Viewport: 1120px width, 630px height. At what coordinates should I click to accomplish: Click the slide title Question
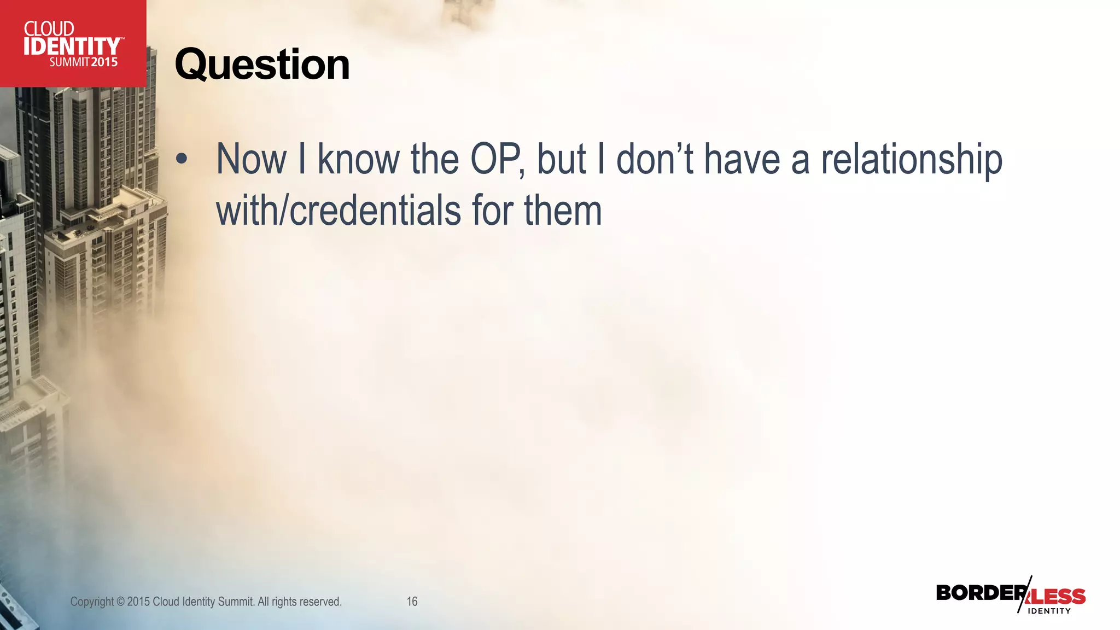click(x=262, y=65)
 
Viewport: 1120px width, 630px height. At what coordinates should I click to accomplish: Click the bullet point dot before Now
click(x=182, y=159)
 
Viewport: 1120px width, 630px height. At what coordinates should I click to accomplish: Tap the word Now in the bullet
click(x=252, y=159)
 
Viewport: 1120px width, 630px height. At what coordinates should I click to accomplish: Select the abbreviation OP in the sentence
click(x=495, y=159)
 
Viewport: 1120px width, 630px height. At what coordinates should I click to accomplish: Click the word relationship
click(x=912, y=159)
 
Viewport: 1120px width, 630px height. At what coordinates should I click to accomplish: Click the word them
click(x=563, y=211)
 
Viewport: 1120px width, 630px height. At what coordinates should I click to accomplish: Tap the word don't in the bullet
click(x=655, y=159)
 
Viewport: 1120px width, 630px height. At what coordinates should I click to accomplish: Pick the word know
click(x=359, y=159)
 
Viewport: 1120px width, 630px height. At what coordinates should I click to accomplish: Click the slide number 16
click(x=412, y=602)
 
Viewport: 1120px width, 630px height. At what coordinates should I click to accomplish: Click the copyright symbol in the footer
click(x=120, y=602)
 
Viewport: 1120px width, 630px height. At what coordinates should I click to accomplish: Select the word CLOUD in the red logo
click(x=49, y=28)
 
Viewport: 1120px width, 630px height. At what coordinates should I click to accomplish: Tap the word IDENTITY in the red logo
click(x=72, y=46)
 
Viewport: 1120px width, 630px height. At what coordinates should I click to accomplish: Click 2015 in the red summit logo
click(x=104, y=62)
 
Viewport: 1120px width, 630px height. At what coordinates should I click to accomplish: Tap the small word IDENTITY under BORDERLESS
click(x=1049, y=611)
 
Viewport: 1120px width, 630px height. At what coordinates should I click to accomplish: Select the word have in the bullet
click(x=742, y=159)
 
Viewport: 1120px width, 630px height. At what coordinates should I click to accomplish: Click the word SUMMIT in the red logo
click(x=69, y=62)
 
